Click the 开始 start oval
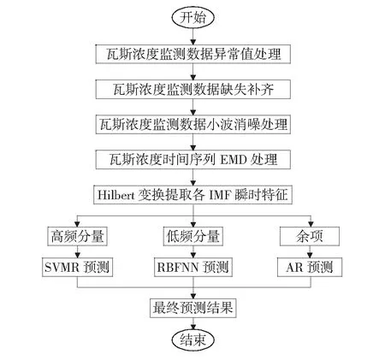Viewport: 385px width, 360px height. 192,17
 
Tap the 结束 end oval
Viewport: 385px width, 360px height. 192,340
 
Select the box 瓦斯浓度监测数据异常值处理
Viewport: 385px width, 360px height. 193,54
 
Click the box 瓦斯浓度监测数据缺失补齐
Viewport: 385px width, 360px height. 193,89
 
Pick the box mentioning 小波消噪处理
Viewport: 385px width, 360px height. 193,124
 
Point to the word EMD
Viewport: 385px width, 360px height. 234,160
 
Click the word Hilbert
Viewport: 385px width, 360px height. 116,195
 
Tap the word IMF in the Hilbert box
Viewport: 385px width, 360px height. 220,195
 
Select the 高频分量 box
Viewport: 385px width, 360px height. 77,236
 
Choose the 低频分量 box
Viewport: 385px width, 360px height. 193,236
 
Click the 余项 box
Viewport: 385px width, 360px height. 310,236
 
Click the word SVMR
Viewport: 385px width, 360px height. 62,268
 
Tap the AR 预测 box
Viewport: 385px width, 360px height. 310,267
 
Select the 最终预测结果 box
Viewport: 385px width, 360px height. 193,308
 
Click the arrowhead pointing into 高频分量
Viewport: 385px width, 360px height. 77,224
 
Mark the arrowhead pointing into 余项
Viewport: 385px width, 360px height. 311,224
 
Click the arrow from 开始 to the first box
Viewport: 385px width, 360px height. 193,37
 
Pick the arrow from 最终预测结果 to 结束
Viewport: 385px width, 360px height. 193,324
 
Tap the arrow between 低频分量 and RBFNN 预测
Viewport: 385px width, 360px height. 193,252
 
